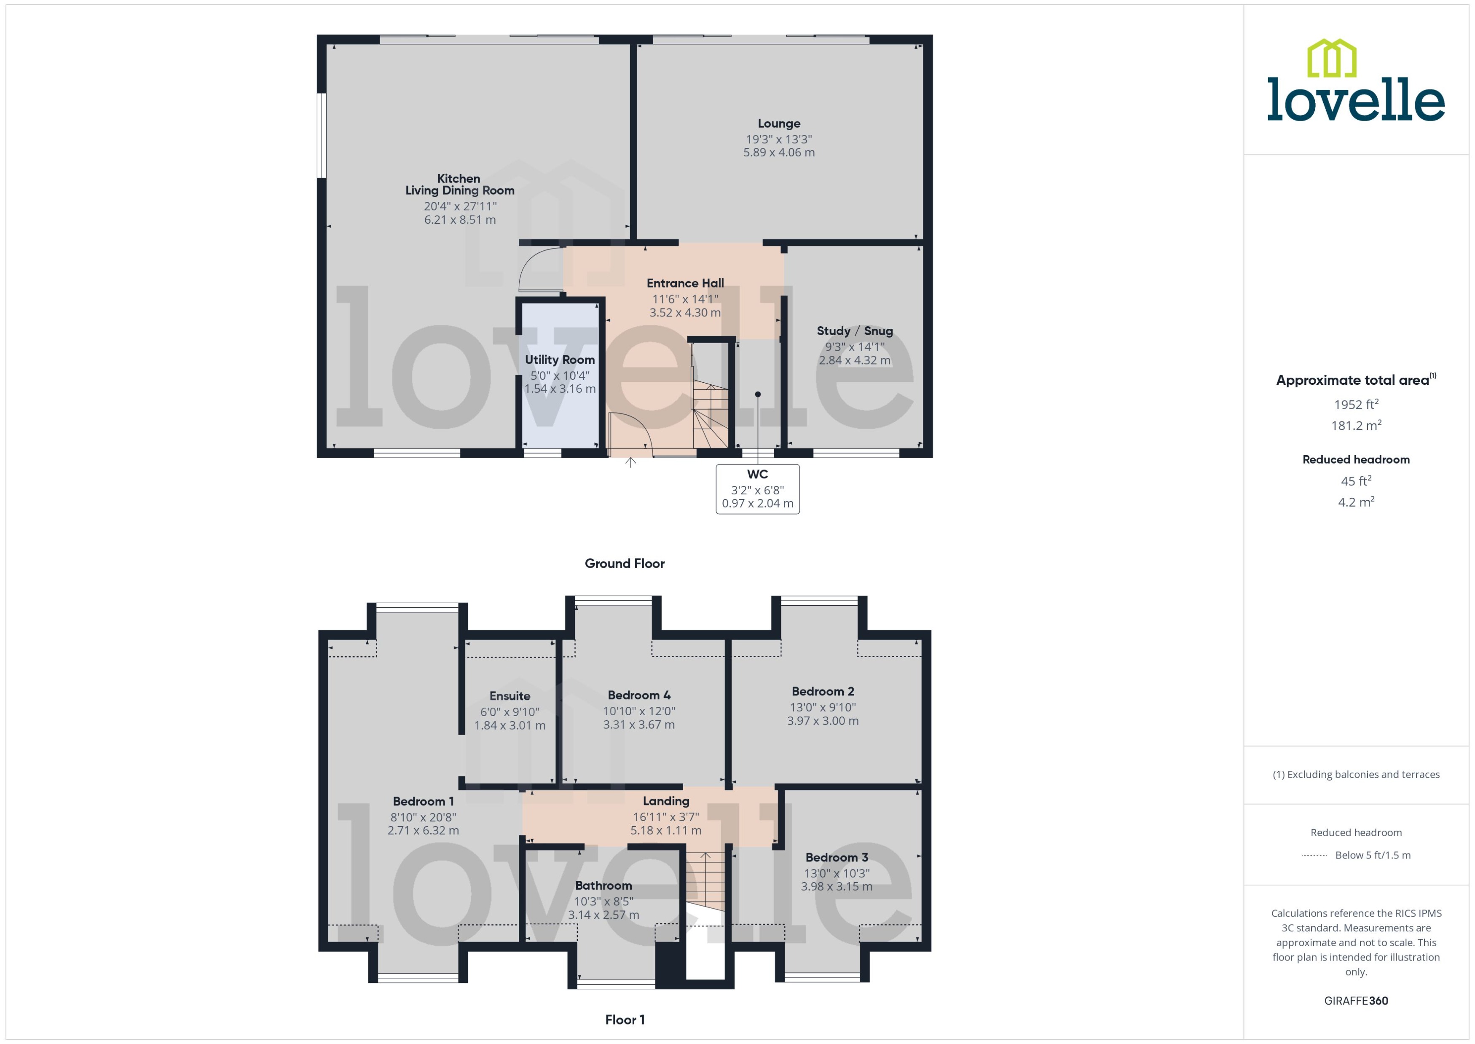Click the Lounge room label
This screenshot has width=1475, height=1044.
778,123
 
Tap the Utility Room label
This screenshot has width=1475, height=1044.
559,360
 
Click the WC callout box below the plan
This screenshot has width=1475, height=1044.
757,489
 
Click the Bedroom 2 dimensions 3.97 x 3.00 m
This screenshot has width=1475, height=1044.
822,721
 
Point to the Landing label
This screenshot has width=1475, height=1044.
666,801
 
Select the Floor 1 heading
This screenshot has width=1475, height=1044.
624,1020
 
